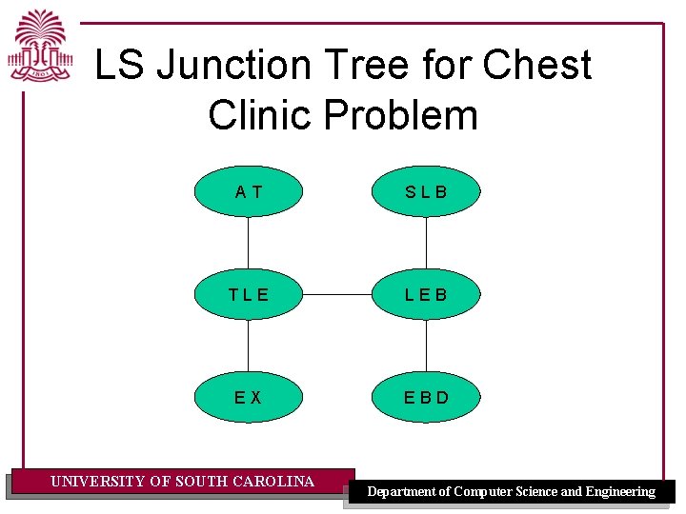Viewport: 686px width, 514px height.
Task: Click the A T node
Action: [249, 192]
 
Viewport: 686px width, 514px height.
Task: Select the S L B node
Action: [426, 192]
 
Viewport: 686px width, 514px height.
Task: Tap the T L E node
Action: [249, 294]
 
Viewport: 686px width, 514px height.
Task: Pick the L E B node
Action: [426, 294]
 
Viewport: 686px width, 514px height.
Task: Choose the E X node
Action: [249, 396]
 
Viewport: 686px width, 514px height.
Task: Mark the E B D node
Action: [426, 396]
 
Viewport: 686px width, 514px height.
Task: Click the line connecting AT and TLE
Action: [249, 243]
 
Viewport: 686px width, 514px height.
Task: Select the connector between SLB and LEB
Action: [426, 243]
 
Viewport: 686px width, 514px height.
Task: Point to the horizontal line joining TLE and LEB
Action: [337, 294]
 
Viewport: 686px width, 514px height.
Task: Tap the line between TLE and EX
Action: [249, 345]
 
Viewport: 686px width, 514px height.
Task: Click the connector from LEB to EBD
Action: [426, 345]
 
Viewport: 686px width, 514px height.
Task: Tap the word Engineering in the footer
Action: [620, 492]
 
